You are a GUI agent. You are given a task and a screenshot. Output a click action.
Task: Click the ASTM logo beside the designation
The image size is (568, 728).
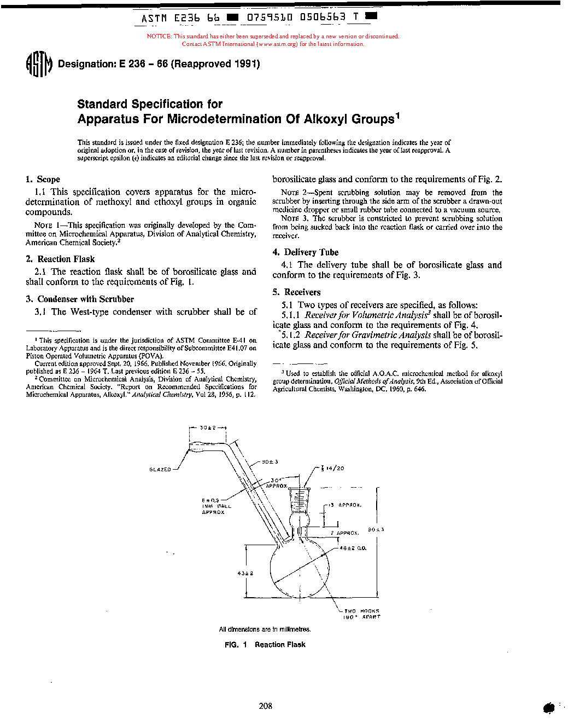[x=39, y=65]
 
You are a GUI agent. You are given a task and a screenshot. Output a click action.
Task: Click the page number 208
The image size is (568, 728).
[x=265, y=706]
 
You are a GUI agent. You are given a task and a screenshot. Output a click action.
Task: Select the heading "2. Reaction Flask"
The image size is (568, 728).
[x=60, y=259]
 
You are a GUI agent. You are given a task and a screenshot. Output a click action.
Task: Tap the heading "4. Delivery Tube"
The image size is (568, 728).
[x=306, y=252]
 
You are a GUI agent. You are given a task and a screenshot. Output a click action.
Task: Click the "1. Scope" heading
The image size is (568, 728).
[x=43, y=180]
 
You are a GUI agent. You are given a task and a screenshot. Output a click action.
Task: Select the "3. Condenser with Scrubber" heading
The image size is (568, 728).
[x=80, y=299]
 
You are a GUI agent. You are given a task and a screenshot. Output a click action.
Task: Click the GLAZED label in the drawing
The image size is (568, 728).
[x=160, y=470]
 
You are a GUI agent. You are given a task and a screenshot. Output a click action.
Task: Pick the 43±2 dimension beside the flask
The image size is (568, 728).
[x=245, y=573]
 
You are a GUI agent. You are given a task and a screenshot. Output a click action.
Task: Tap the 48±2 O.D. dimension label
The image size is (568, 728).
[x=353, y=548]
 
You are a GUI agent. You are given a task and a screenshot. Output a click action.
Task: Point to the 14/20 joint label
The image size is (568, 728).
[x=333, y=469]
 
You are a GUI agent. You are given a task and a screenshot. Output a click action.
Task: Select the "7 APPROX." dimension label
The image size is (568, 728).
[x=344, y=533]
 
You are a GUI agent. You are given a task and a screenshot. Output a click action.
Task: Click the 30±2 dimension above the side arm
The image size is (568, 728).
[x=207, y=427]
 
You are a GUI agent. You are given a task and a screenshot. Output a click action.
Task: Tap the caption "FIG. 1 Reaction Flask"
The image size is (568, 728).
[x=265, y=645]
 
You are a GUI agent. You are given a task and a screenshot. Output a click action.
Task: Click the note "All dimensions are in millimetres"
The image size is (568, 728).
[x=265, y=629]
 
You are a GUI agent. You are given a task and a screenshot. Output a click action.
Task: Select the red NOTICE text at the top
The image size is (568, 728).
[x=273, y=40]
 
